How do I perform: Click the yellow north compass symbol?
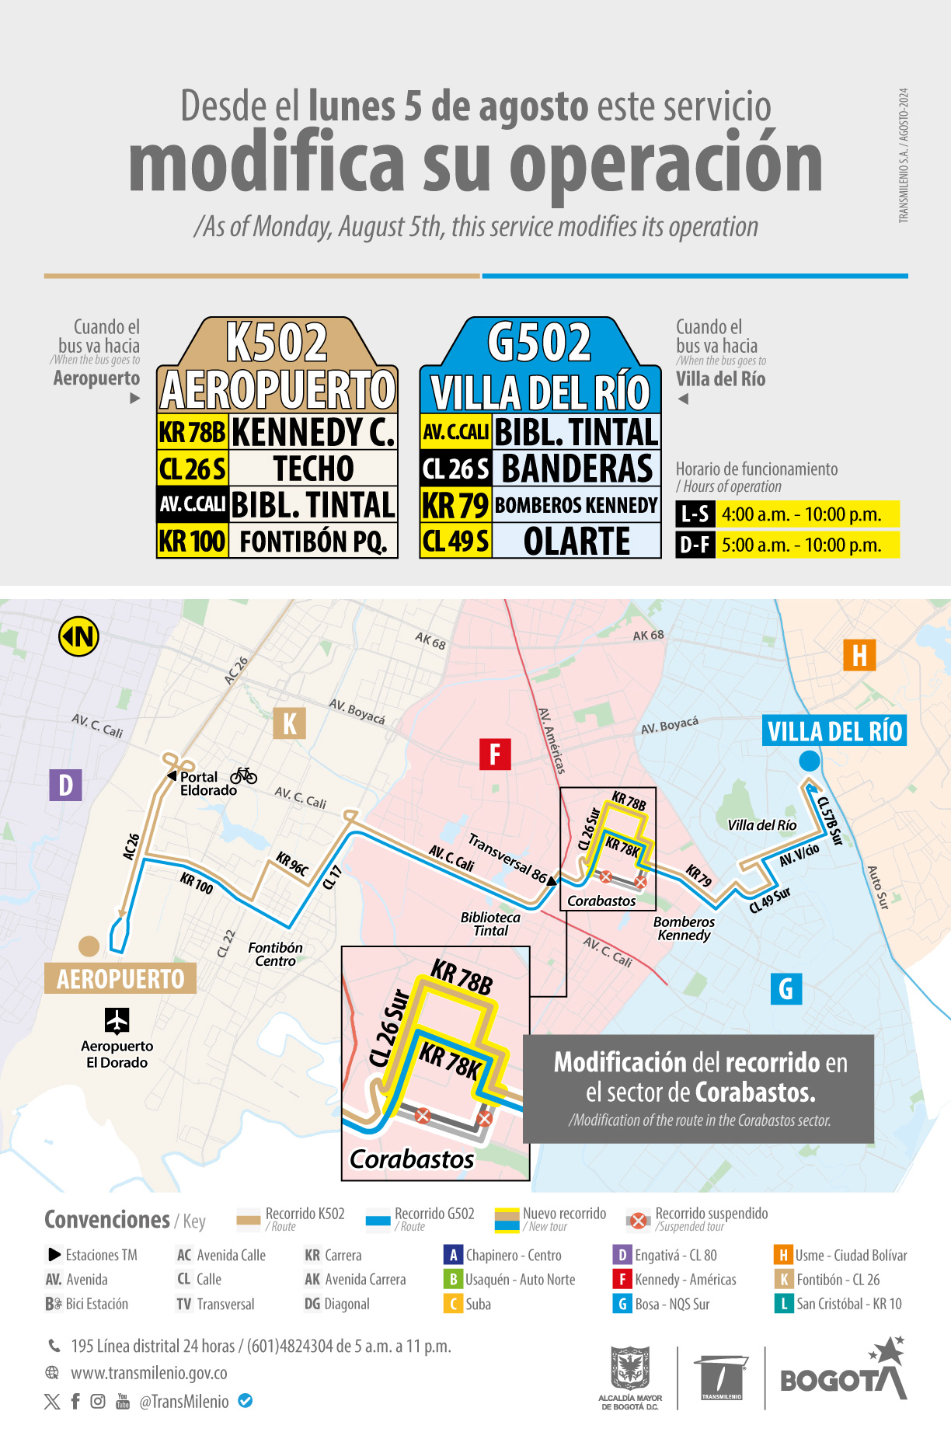tap(78, 637)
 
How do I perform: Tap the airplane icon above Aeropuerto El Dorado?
tap(117, 1020)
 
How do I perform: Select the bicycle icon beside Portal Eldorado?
tap(243, 775)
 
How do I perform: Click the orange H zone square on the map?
tap(859, 655)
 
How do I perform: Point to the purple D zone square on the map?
tap(66, 785)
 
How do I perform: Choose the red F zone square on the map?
tap(495, 754)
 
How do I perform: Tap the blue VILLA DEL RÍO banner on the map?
tap(834, 731)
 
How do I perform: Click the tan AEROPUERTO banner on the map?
tap(120, 978)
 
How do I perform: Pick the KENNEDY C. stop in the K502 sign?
tap(313, 432)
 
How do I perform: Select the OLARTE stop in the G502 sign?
tap(577, 542)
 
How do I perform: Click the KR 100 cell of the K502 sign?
tap(193, 542)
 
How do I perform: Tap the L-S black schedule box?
tap(695, 514)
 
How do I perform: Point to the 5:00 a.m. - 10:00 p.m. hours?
tap(802, 545)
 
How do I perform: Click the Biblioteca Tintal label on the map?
tap(490, 924)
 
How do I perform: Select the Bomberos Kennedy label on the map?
tap(684, 929)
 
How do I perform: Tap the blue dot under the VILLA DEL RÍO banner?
tap(810, 761)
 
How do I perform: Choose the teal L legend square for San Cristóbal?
tap(782, 1303)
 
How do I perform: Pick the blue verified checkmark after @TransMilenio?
tap(245, 1401)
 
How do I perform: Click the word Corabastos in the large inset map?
tap(412, 1159)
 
